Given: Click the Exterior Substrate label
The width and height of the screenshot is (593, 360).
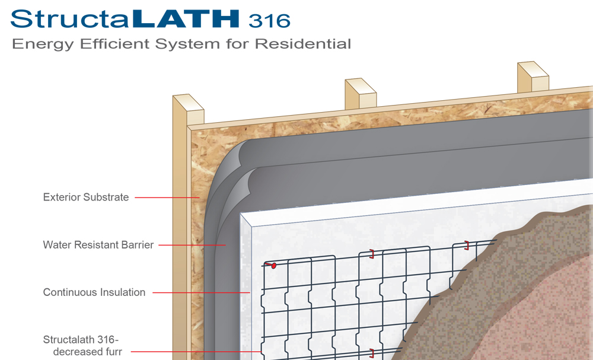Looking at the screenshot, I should (x=86, y=197).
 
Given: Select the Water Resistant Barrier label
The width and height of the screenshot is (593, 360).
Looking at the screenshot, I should (x=98, y=245).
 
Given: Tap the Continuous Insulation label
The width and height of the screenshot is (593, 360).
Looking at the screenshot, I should (x=94, y=292).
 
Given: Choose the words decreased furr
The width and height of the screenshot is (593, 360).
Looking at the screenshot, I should (x=87, y=352).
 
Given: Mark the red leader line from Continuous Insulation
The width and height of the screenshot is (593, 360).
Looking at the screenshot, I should (x=202, y=292).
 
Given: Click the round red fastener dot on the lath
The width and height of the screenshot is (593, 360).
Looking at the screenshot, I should (x=273, y=266).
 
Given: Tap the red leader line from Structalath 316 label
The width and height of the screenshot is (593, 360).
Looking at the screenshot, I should (x=196, y=352).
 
